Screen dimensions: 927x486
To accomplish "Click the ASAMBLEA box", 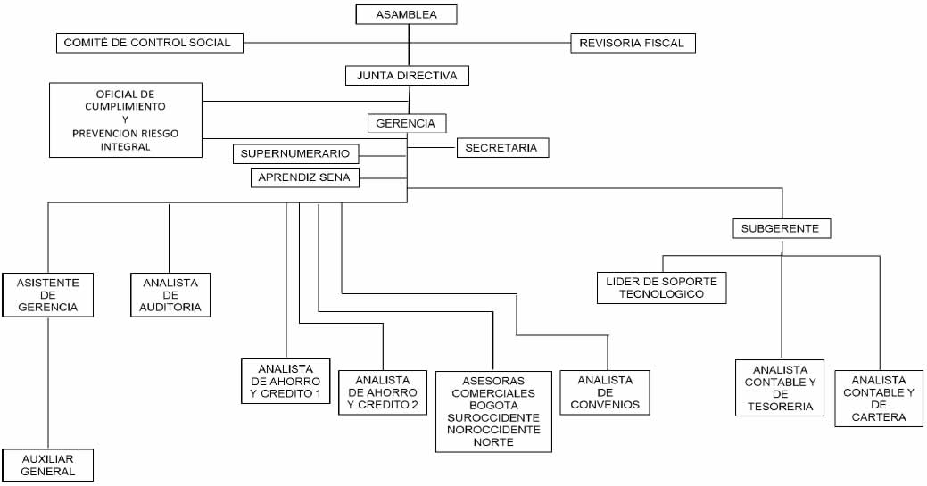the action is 406,14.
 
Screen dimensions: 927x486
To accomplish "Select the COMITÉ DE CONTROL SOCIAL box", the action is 150,43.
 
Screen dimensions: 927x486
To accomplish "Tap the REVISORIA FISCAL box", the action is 633,43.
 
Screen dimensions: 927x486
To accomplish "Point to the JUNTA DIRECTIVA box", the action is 408,76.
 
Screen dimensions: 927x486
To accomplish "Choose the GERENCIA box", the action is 407,124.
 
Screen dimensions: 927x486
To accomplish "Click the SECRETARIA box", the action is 502,148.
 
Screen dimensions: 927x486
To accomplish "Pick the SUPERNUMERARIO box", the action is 295,153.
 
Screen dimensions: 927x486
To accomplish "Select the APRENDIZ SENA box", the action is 304,177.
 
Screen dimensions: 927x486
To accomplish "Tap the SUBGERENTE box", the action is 782,229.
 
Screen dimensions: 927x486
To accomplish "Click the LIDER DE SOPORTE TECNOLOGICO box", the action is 661,288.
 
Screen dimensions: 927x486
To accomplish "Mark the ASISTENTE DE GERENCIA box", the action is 48,295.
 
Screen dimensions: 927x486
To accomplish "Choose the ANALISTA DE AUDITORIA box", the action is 170,295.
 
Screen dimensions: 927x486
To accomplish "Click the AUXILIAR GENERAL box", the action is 48,465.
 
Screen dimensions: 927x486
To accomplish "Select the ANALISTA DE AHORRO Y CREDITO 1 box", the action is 286,382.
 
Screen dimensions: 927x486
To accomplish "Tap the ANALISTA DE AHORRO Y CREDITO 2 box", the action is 383,392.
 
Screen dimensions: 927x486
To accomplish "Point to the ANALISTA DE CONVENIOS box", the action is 605,392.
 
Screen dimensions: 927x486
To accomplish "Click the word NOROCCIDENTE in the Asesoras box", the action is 493,430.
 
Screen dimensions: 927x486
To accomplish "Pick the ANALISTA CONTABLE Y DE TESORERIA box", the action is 780,388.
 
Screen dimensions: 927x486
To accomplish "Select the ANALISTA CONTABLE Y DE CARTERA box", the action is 879,399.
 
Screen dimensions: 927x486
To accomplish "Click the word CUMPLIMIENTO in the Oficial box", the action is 125,107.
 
